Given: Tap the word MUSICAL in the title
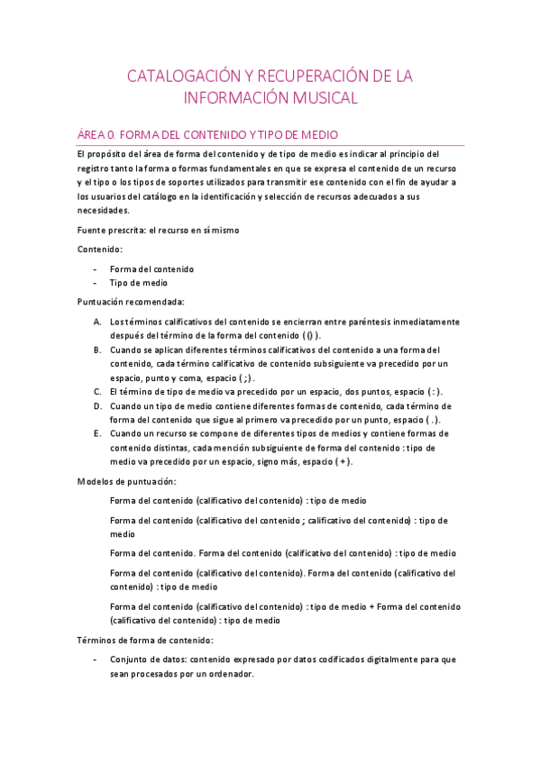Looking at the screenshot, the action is [x=320, y=97].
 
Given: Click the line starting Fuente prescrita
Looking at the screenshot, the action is [x=158, y=230].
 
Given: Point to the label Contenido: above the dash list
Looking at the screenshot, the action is [x=100, y=249].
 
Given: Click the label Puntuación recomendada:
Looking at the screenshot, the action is [x=131, y=302].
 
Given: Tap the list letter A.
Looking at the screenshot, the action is [x=96, y=322].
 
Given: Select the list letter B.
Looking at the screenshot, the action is [x=96, y=350].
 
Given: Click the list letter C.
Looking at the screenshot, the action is [x=96, y=392].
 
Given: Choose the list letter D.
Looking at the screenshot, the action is [x=96, y=406].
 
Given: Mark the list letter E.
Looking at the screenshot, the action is [x=96, y=434].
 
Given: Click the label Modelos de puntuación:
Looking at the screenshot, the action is [x=126, y=482].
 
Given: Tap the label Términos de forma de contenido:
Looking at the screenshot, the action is [x=145, y=641].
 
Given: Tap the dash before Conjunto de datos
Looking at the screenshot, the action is [x=96, y=659].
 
